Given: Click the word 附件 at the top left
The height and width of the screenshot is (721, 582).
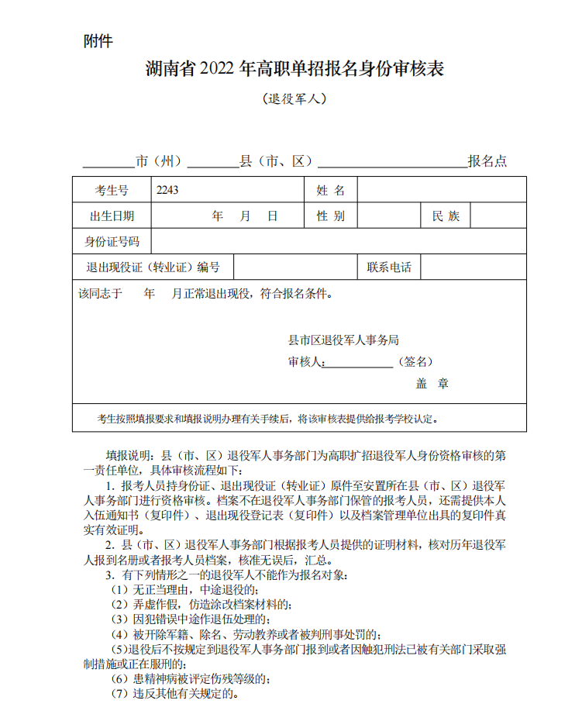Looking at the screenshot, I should (x=98, y=41).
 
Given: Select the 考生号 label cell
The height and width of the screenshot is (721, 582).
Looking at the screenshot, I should (x=112, y=190).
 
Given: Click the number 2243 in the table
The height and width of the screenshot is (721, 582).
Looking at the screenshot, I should (x=167, y=190).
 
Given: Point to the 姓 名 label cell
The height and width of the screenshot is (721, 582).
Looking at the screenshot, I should (x=331, y=190).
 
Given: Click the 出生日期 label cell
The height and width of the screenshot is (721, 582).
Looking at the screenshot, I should (x=112, y=216).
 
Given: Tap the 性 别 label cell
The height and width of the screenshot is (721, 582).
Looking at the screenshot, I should (x=331, y=216).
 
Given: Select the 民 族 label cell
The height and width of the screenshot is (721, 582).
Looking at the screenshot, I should (x=446, y=216).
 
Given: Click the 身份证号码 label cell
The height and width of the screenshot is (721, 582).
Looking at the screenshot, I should (x=112, y=242).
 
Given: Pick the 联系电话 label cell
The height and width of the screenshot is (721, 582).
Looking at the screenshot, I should (x=389, y=268).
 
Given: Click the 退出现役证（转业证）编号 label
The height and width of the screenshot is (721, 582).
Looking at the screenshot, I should (x=153, y=268).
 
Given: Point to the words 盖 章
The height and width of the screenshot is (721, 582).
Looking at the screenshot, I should (x=432, y=384).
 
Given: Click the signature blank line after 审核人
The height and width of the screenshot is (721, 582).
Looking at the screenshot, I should (x=359, y=363).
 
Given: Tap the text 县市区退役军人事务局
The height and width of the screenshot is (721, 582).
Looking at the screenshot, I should (x=343, y=340).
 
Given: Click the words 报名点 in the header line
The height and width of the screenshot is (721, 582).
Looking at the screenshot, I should (x=487, y=161).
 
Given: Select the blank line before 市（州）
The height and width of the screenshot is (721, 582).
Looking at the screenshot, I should (x=108, y=163).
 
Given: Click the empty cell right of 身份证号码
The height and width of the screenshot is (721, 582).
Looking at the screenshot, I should (x=339, y=242).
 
